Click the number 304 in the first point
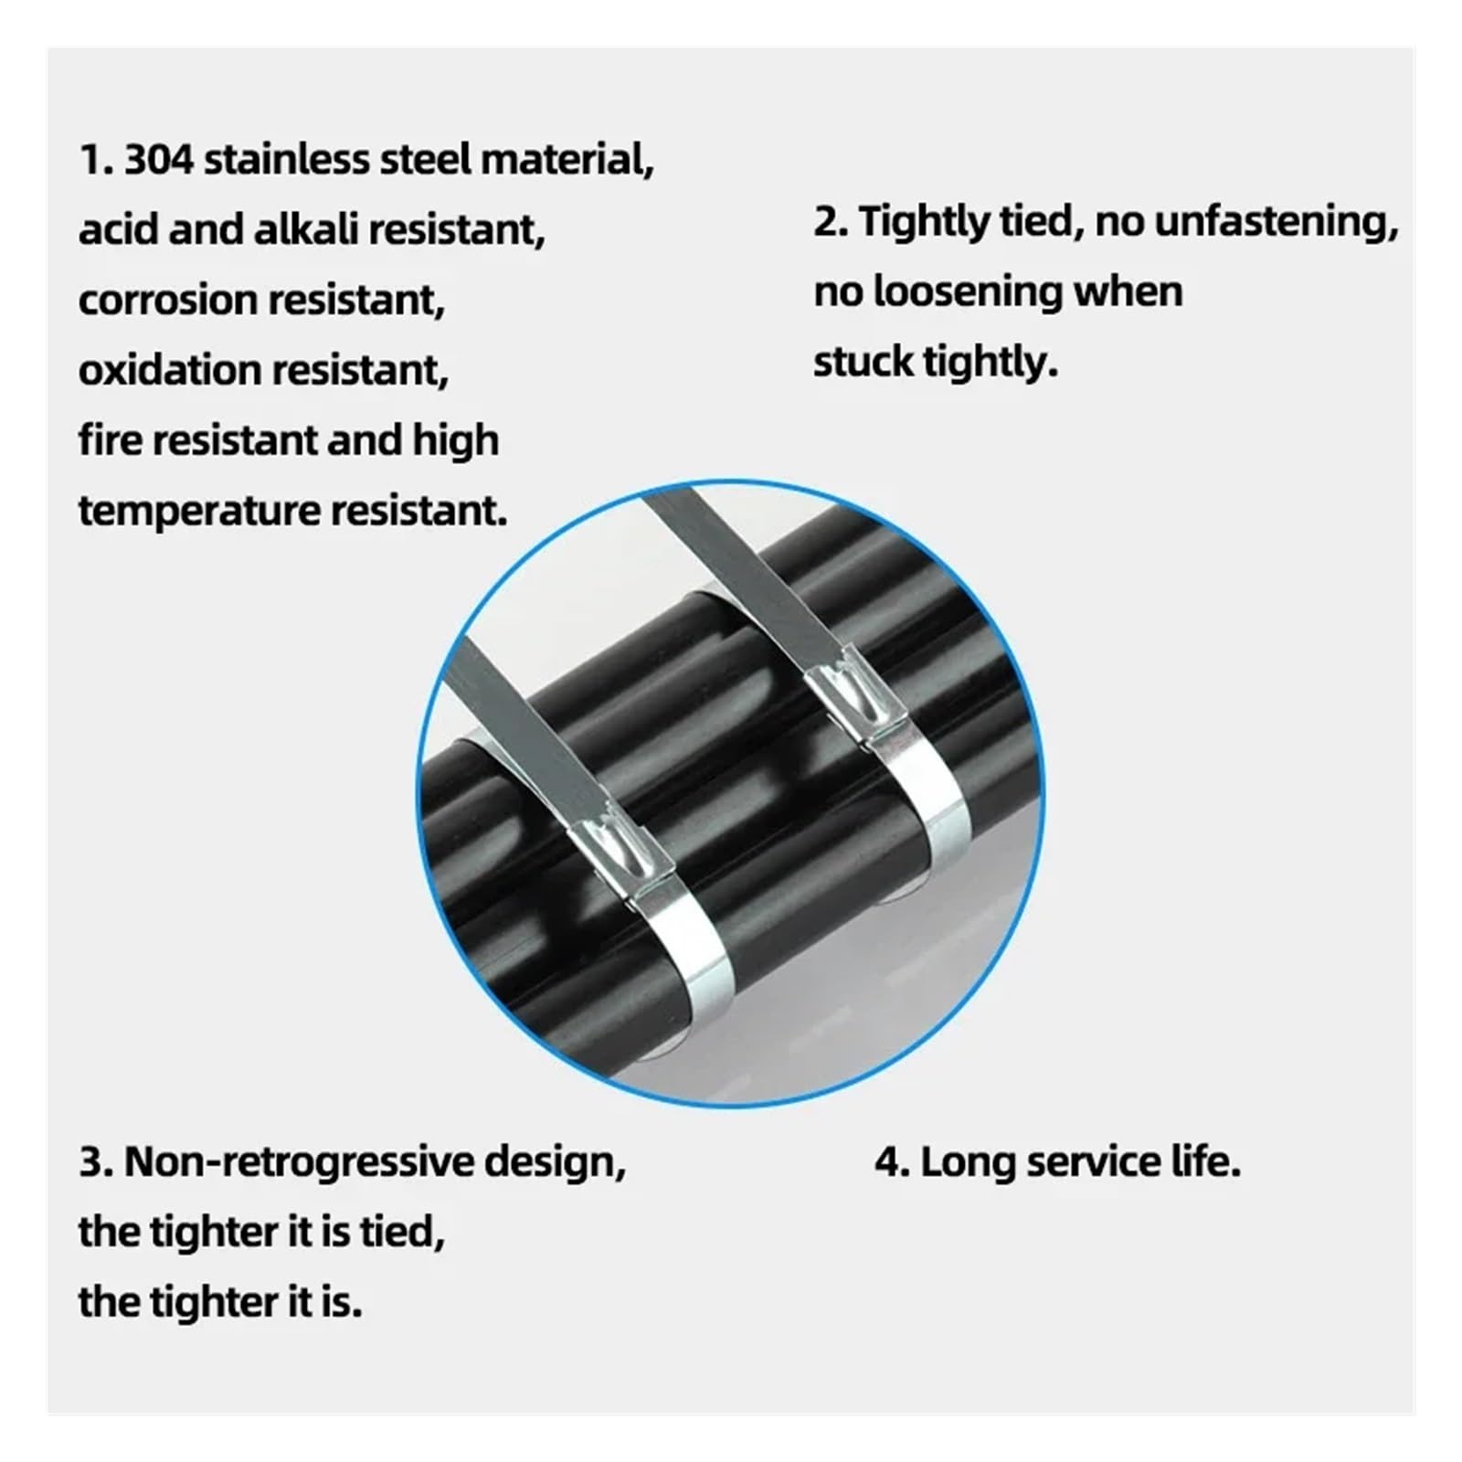pos(159,160)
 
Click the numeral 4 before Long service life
pos(888,1163)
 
